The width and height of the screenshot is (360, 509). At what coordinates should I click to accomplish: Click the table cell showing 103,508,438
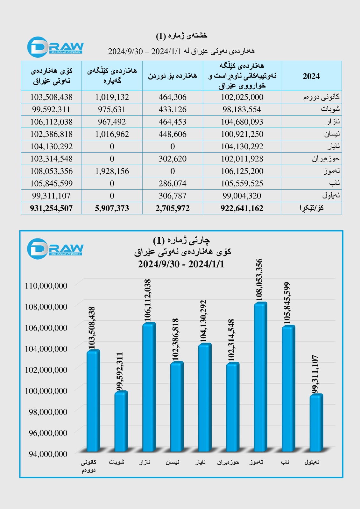pyautogui.click(x=51, y=97)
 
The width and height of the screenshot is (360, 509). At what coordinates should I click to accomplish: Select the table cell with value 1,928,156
pyautogui.click(x=112, y=171)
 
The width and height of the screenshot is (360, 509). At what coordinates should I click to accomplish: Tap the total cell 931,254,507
pyautogui.click(x=51, y=208)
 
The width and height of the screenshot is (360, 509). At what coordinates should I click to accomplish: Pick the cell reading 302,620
pyautogui.click(x=173, y=159)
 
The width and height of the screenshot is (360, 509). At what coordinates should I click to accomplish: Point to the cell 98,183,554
pyautogui.click(x=242, y=109)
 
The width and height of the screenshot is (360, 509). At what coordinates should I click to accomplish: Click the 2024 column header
pyautogui.click(x=311, y=76)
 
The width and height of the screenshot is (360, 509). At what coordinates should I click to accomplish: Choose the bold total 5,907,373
pyautogui.click(x=112, y=208)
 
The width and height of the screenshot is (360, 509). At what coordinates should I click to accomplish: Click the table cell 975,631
pyautogui.click(x=112, y=109)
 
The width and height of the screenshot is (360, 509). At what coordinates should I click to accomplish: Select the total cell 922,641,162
pyautogui.click(x=242, y=208)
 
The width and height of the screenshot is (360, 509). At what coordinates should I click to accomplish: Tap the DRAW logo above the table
pyautogui.click(x=55, y=47)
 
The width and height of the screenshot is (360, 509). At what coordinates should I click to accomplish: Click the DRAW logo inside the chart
pyautogui.click(x=55, y=248)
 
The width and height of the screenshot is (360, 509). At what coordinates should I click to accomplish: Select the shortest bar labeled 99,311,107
pyautogui.click(x=316, y=423)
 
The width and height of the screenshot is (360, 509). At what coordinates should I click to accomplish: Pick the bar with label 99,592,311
pyautogui.click(x=121, y=422)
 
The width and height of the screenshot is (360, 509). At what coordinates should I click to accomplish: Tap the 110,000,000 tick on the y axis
pyautogui.click(x=46, y=286)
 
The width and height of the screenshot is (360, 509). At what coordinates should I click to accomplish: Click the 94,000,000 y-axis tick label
pyautogui.click(x=48, y=454)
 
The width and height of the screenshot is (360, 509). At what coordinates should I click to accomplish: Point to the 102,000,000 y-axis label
pyautogui.click(x=46, y=370)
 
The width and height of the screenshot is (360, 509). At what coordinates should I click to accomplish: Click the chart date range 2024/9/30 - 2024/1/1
pyautogui.click(x=181, y=264)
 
